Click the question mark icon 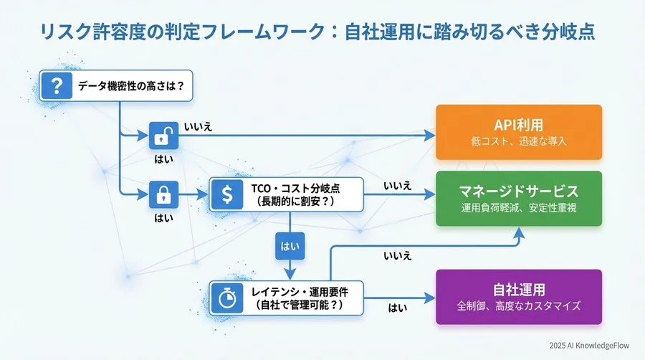[x=54, y=87]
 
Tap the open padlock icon [x=163, y=135]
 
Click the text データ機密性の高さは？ [x=125, y=87]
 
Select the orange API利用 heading [x=519, y=124]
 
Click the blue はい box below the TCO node [x=290, y=245]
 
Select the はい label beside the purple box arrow [x=398, y=308]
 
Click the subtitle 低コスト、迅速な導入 [x=519, y=141]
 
